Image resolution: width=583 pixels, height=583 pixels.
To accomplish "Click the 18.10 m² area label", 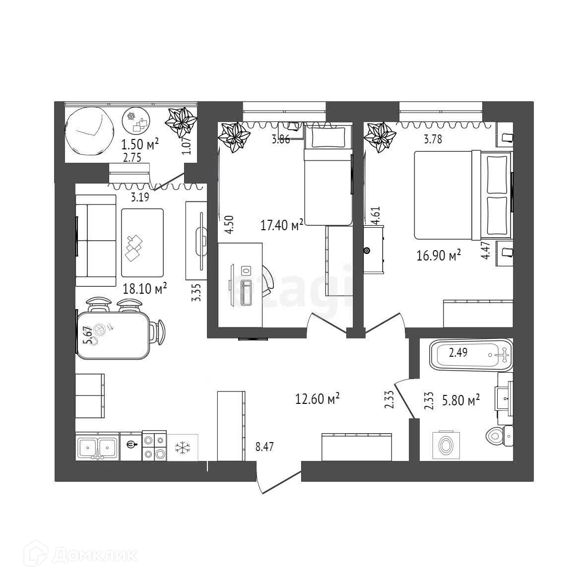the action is click(144, 288).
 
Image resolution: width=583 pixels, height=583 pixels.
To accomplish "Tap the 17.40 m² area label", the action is click(282, 226).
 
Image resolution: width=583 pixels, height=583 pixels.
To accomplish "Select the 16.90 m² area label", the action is click(439, 256).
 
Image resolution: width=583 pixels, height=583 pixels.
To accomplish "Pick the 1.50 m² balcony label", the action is click(140, 144).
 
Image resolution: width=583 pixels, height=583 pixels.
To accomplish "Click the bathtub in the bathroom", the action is click(469, 354).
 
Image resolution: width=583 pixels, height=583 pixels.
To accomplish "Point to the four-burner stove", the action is click(154, 447).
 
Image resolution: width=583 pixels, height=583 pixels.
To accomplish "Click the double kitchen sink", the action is click(97, 447).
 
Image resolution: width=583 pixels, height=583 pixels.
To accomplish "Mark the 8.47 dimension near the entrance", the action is click(264, 447).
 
